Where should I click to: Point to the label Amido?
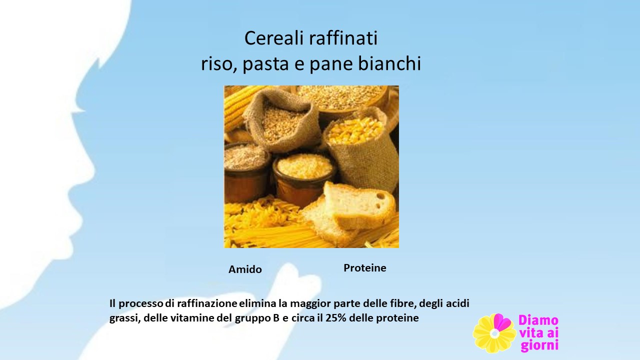click(x=245, y=269)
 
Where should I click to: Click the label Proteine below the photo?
click(x=365, y=268)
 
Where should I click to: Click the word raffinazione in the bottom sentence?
click(x=207, y=303)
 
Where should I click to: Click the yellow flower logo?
click(x=494, y=333)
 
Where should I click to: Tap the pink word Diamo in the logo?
click(x=538, y=320)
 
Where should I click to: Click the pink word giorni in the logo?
click(x=539, y=345)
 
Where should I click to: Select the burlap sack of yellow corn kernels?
click(x=361, y=148)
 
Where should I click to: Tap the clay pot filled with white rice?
click(x=303, y=180)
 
